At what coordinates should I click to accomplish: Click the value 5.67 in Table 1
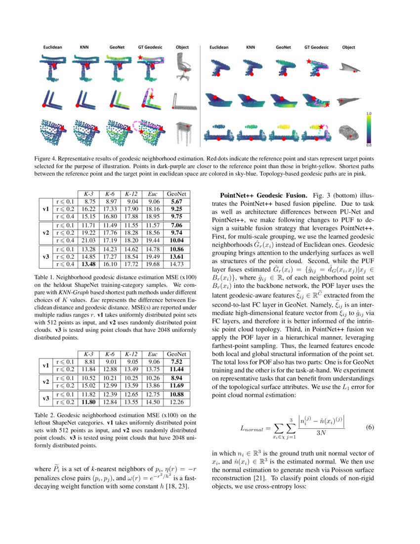176,201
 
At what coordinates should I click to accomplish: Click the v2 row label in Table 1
45,232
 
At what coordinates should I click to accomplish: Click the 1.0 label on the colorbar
369,114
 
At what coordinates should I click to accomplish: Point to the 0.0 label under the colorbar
369,145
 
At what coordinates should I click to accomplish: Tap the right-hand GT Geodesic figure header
316,47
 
